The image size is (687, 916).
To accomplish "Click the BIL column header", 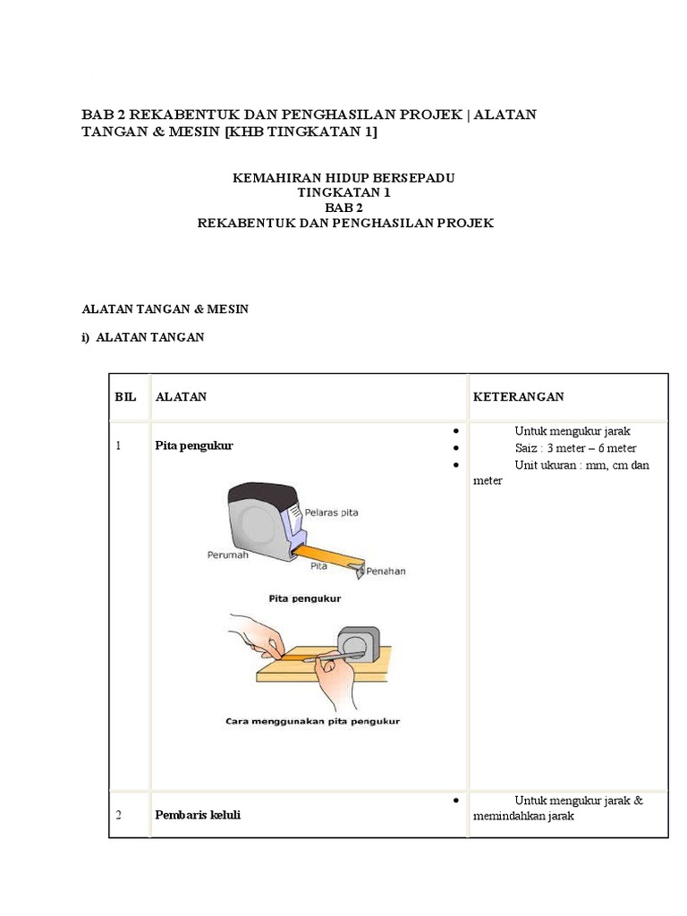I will click(x=125, y=396).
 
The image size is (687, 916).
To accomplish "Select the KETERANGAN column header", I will click(x=518, y=396).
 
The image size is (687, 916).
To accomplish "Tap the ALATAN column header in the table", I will click(x=181, y=396).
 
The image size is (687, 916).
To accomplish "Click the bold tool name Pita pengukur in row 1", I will click(x=193, y=445).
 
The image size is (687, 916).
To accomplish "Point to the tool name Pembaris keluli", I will click(x=198, y=815).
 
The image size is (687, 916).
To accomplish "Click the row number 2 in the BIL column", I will click(x=119, y=815).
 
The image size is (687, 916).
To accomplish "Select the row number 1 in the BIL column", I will click(x=118, y=445).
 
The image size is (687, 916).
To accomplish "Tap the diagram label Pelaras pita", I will click(x=332, y=513).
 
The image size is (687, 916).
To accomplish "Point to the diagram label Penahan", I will click(x=386, y=571).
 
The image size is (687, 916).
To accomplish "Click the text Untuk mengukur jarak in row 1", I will click(x=572, y=431).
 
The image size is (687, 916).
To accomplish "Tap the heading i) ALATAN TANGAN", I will click(x=143, y=337).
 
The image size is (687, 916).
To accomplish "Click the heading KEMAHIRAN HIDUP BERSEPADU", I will click(x=344, y=178).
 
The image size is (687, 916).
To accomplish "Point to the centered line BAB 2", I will click(x=344, y=208).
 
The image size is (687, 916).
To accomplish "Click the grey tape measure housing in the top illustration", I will click(x=255, y=523).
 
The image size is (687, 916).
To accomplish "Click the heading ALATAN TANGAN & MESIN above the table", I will click(x=165, y=309).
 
